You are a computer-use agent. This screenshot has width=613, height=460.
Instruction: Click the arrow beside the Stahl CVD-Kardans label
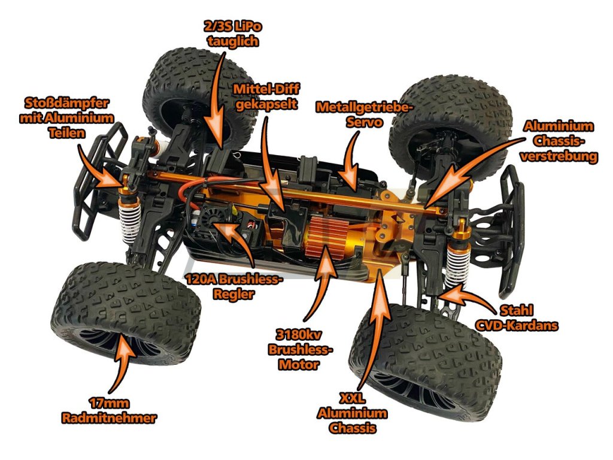pyautogui.click(x=464, y=296)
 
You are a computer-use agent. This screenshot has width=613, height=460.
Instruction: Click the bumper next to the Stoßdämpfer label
pyautogui.click(x=96, y=180)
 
